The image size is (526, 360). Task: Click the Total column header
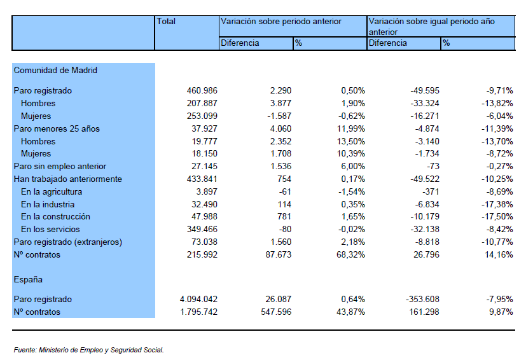[166, 22]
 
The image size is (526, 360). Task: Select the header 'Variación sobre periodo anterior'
[280, 22]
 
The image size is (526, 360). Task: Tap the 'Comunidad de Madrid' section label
[55, 70]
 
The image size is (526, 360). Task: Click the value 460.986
[202, 90]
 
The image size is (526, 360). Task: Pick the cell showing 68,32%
[350, 254]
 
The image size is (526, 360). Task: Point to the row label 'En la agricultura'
[52, 191]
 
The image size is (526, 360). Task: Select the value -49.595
[425, 90]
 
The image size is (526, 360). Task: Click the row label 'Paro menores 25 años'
[57, 129]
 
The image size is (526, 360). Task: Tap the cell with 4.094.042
[198, 299]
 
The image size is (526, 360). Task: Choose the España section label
[28, 279]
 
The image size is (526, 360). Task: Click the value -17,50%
[497, 216]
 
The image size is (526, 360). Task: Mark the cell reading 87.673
[279, 254]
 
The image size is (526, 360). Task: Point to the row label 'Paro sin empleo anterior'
[60, 167]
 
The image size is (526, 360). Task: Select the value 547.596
[276, 312]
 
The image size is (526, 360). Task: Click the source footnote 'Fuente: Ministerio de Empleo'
[88, 350]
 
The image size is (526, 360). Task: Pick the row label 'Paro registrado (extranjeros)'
[68, 242]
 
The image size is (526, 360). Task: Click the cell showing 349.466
[202, 229]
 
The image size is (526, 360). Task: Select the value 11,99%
[351, 129]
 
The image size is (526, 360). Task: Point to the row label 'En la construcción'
[55, 216]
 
